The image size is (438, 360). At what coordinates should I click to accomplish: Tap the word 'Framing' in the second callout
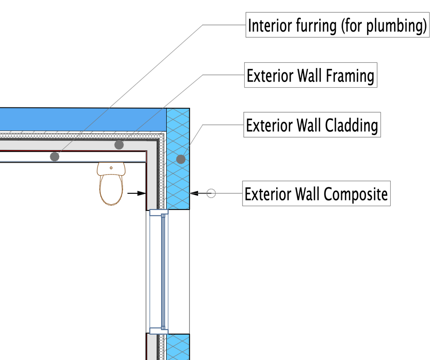point(350,76)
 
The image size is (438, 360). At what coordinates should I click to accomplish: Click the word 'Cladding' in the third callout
point(352,126)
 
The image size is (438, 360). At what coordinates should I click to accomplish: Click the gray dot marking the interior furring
point(54,157)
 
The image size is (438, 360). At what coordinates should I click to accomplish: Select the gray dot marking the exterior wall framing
point(118,144)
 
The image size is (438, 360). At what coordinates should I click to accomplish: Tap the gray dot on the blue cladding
point(181,159)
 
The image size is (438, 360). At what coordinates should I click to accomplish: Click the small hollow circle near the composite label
point(211,193)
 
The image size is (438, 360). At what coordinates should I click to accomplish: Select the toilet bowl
point(111,190)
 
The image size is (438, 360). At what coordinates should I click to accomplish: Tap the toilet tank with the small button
point(111,168)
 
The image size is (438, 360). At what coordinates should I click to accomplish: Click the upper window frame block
point(158,214)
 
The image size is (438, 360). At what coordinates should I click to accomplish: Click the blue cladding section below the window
point(178,347)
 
